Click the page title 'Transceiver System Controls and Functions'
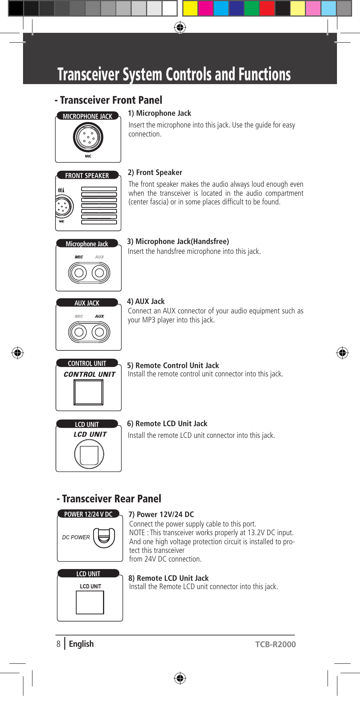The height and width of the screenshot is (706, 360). [x=174, y=74]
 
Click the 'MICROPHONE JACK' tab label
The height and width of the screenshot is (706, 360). [x=88, y=116]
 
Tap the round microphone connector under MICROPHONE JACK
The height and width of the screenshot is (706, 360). [x=88, y=138]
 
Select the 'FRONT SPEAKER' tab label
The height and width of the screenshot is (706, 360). [x=87, y=175]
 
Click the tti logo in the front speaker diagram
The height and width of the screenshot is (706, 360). [x=61, y=190]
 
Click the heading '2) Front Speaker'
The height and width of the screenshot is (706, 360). [x=155, y=172]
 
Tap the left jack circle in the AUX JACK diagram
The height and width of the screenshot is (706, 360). [x=79, y=332]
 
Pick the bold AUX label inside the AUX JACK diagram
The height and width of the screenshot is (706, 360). [x=99, y=316]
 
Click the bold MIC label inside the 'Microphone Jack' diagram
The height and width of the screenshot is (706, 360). [x=79, y=257]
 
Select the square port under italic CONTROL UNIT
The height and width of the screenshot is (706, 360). [x=88, y=392]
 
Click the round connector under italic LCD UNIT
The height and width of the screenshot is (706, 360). [x=89, y=454]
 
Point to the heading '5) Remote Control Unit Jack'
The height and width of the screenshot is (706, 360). [x=173, y=365]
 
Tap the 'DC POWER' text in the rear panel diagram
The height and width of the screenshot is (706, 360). [x=76, y=537]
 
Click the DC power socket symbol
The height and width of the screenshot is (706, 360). [x=104, y=537]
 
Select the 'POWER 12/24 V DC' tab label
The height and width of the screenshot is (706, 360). [x=88, y=514]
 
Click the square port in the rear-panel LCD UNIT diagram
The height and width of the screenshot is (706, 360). [x=90, y=602]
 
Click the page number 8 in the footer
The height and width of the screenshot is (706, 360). [x=58, y=644]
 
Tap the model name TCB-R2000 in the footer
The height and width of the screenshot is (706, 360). [x=275, y=644]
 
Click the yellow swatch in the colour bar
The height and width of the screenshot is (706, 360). [x=190, y=8]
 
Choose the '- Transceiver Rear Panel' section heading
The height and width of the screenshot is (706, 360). [x=109, y=499]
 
